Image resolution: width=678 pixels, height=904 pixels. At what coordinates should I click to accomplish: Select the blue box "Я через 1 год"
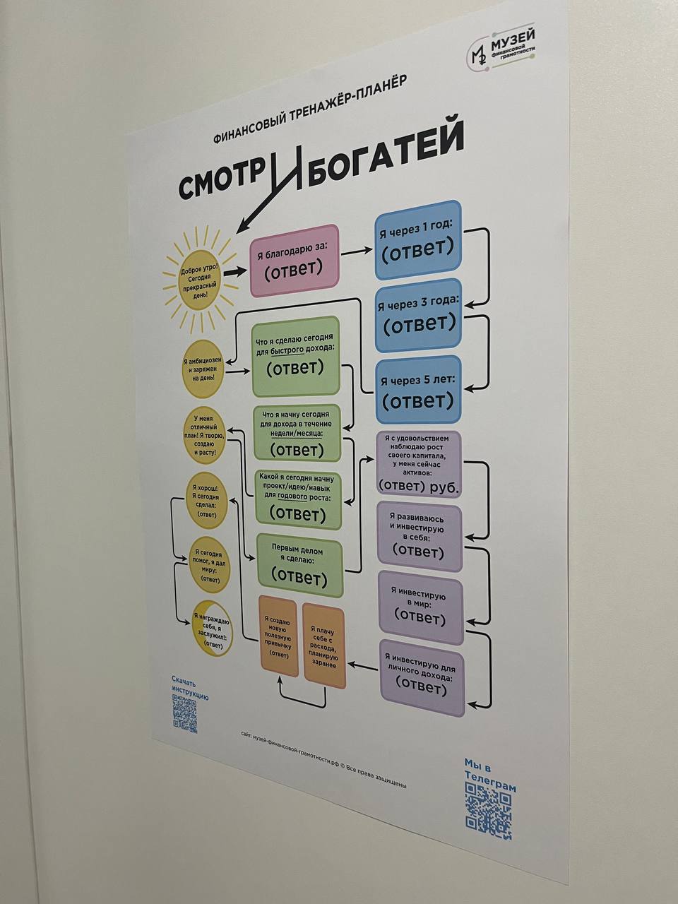(x=417, y=239)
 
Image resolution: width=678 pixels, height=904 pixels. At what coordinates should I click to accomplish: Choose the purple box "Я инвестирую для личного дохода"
(x=422, y=677)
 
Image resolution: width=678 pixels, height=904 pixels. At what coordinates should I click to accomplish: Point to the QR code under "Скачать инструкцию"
(x=185, y=713)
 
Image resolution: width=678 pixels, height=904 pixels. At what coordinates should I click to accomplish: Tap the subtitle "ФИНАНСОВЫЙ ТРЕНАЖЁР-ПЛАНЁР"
(x=309, y=108)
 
